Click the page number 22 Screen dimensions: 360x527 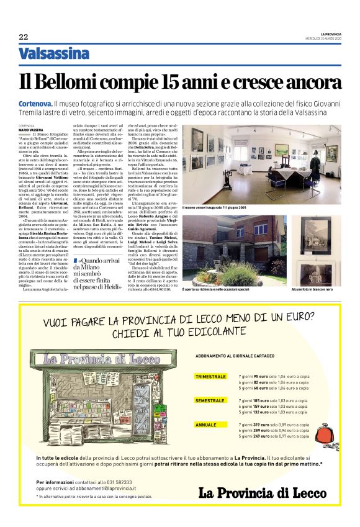tap(24, 37)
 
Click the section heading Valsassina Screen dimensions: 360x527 tap(54, 54)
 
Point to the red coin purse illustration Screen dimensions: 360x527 tap(316, 428)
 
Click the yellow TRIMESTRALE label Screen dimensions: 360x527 tap(211, 377)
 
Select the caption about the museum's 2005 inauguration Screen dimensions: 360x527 tap(214, 207)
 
